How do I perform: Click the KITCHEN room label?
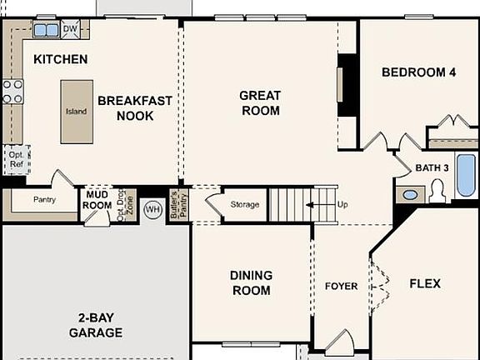pyautogui.click(x=60, y=59)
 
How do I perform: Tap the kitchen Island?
pyautogui.click(x=77, y=111)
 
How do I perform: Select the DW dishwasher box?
pyautogui.click(x=70, y=29)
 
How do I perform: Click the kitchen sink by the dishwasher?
pyautogui.click(x=46, y=30)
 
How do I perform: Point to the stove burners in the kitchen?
pyautogui.click(x=12, y=91)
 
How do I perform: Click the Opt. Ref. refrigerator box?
pyautogui.click(x=17, y=158)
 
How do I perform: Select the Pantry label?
pyautogui.click(x=44, y=200)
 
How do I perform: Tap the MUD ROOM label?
pyautogui.click(x=97, y=200)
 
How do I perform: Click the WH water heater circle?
pyautogui.click(x=152, y=208)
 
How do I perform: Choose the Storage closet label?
pyautogui.click(x=245, y=205)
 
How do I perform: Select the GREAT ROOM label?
pyautogui.click(x=260, y=102)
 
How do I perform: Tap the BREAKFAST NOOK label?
pyautogui.click(x=135, y=108)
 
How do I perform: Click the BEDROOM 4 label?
pyautogui.click(x=418, y=72)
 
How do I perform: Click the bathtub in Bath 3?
pyautogui.click(x=465, y=174)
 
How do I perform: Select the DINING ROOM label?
pyautogui.click(x=251, y=283)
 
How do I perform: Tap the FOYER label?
pyautogui.click(x=341, y=287)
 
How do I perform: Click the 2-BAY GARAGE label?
pyautogui.click(x=96, y=325)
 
